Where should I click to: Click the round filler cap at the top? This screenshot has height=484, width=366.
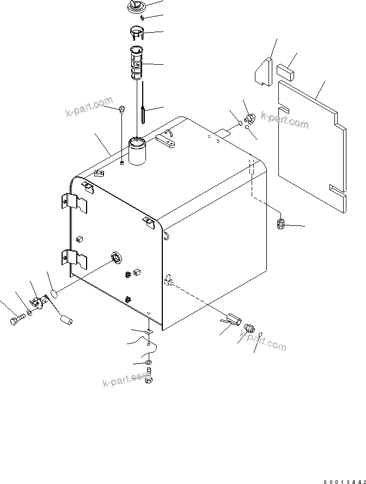(135, 8)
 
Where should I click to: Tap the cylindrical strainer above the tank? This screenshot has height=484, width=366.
(137, 62)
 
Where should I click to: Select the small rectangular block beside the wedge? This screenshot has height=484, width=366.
(285, 71)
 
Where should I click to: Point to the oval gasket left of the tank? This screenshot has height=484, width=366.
(54, 294)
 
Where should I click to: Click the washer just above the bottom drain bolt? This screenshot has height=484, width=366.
(149, 363)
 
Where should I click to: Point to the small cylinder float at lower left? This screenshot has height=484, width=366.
(66, 320)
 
